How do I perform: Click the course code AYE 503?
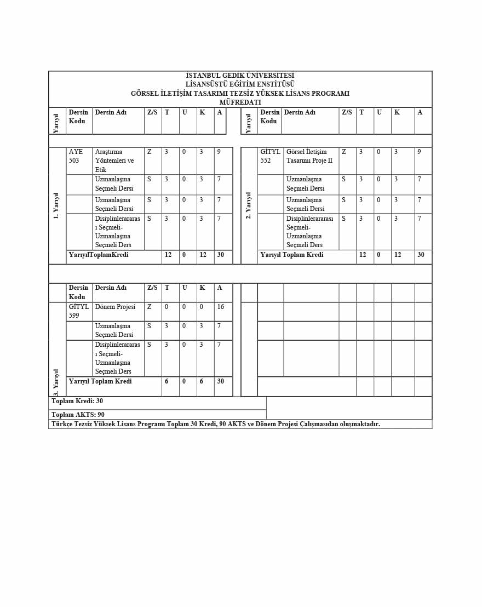click(76, 156)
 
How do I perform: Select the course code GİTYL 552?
click(270, 156)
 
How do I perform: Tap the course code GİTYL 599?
click(78, 311)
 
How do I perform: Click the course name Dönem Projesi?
click(115, 307)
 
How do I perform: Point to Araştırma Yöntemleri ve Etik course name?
click(114, 161)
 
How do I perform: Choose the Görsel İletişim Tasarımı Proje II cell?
click(309, 156)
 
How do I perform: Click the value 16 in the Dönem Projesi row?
click(220, 307)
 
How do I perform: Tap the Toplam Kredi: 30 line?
click(77, 401)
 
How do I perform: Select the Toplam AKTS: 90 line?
click(78, 415)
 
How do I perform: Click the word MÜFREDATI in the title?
click(240, 102)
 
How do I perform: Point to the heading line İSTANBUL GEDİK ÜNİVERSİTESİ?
click(240, 76)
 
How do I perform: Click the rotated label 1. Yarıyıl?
click(56, 205)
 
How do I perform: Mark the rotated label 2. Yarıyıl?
click(249, 205)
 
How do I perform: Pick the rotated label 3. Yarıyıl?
click(56, 382)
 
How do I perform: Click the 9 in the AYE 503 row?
click(219, 152)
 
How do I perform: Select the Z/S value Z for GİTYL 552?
click(343, 152)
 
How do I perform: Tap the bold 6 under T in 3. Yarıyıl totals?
click(167, 381)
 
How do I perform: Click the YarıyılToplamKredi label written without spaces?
click(99, 255)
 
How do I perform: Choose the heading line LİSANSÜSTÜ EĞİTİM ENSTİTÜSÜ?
click(240, 84)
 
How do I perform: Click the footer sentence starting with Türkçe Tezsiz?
click(215, 424)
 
